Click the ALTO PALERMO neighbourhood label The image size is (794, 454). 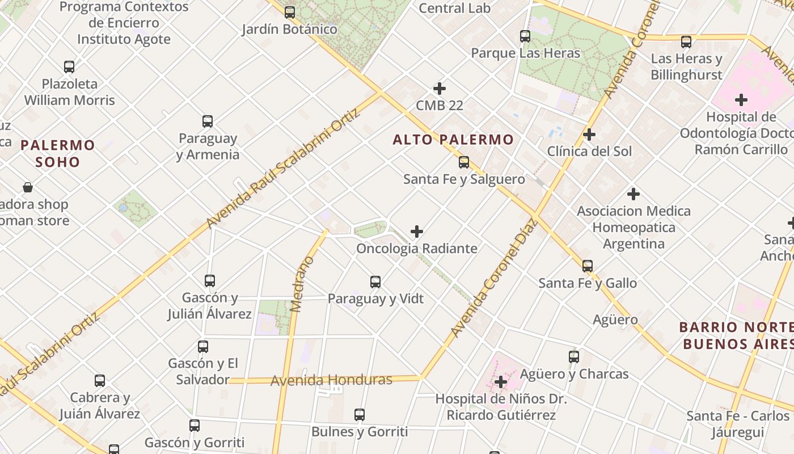tap(453, 140)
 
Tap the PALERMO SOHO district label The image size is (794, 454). tap(58, 153)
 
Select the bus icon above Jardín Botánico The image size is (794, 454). tap(290, 12)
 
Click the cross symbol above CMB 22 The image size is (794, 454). tap(440, 89)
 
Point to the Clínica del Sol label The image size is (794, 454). tap(589, 152)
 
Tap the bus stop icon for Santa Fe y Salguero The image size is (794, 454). tap(464, 162)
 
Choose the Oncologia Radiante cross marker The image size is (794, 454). tap(417, 232)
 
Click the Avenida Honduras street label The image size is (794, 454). tap(331, 380)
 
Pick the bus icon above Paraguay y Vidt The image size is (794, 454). tap(375, 281)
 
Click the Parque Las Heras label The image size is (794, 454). tap(526, 53)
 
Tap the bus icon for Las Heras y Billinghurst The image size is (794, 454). tap(686, 41)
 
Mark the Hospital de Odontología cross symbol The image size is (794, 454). tap(741, 100)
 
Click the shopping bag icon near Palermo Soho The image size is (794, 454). tap(27, 187)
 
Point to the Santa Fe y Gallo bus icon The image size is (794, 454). tap(588, 266)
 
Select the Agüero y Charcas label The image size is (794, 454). tap(574, 374)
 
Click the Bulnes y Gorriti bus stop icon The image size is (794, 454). tap(360, 415)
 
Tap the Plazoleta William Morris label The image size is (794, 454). tap(69, 92)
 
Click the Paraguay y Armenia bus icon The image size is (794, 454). tap(208, 121)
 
